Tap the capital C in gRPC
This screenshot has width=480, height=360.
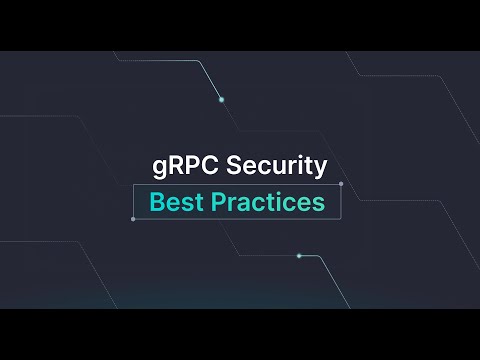[208, 166]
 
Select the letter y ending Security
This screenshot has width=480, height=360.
[320, 169]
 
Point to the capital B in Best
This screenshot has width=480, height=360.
[157, 202]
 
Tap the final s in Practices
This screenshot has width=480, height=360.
[318, 204]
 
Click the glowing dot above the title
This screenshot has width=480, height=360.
[221, 99]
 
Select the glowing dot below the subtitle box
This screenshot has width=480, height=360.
[298, 256]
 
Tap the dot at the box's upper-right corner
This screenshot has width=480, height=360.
[341, 184]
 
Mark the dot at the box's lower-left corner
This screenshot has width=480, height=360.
[133, 219]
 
